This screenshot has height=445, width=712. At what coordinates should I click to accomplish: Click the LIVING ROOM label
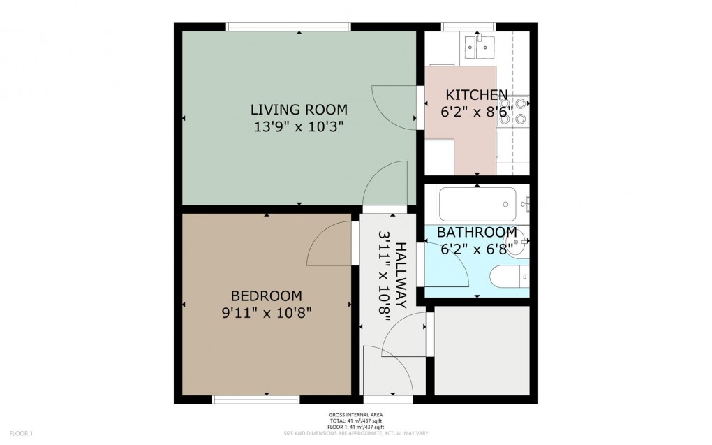(x=299, y=110)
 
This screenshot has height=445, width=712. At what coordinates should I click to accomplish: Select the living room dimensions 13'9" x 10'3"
(x=299, y=126)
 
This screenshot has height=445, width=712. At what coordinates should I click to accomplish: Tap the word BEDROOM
(x=266, y=295)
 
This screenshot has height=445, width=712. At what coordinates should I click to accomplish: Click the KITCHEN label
(x=477, y=95)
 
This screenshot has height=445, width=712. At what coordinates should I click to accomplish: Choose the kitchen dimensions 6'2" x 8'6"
(x=477, y=111)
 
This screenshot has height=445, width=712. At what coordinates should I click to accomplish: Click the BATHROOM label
(x=477, y=232)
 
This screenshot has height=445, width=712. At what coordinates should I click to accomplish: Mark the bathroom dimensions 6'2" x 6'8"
(x=477, y=247)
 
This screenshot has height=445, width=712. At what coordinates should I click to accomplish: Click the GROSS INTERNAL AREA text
(x=355, y=415)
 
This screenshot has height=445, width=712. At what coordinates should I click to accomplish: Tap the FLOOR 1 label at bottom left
(x=21, y=433)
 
